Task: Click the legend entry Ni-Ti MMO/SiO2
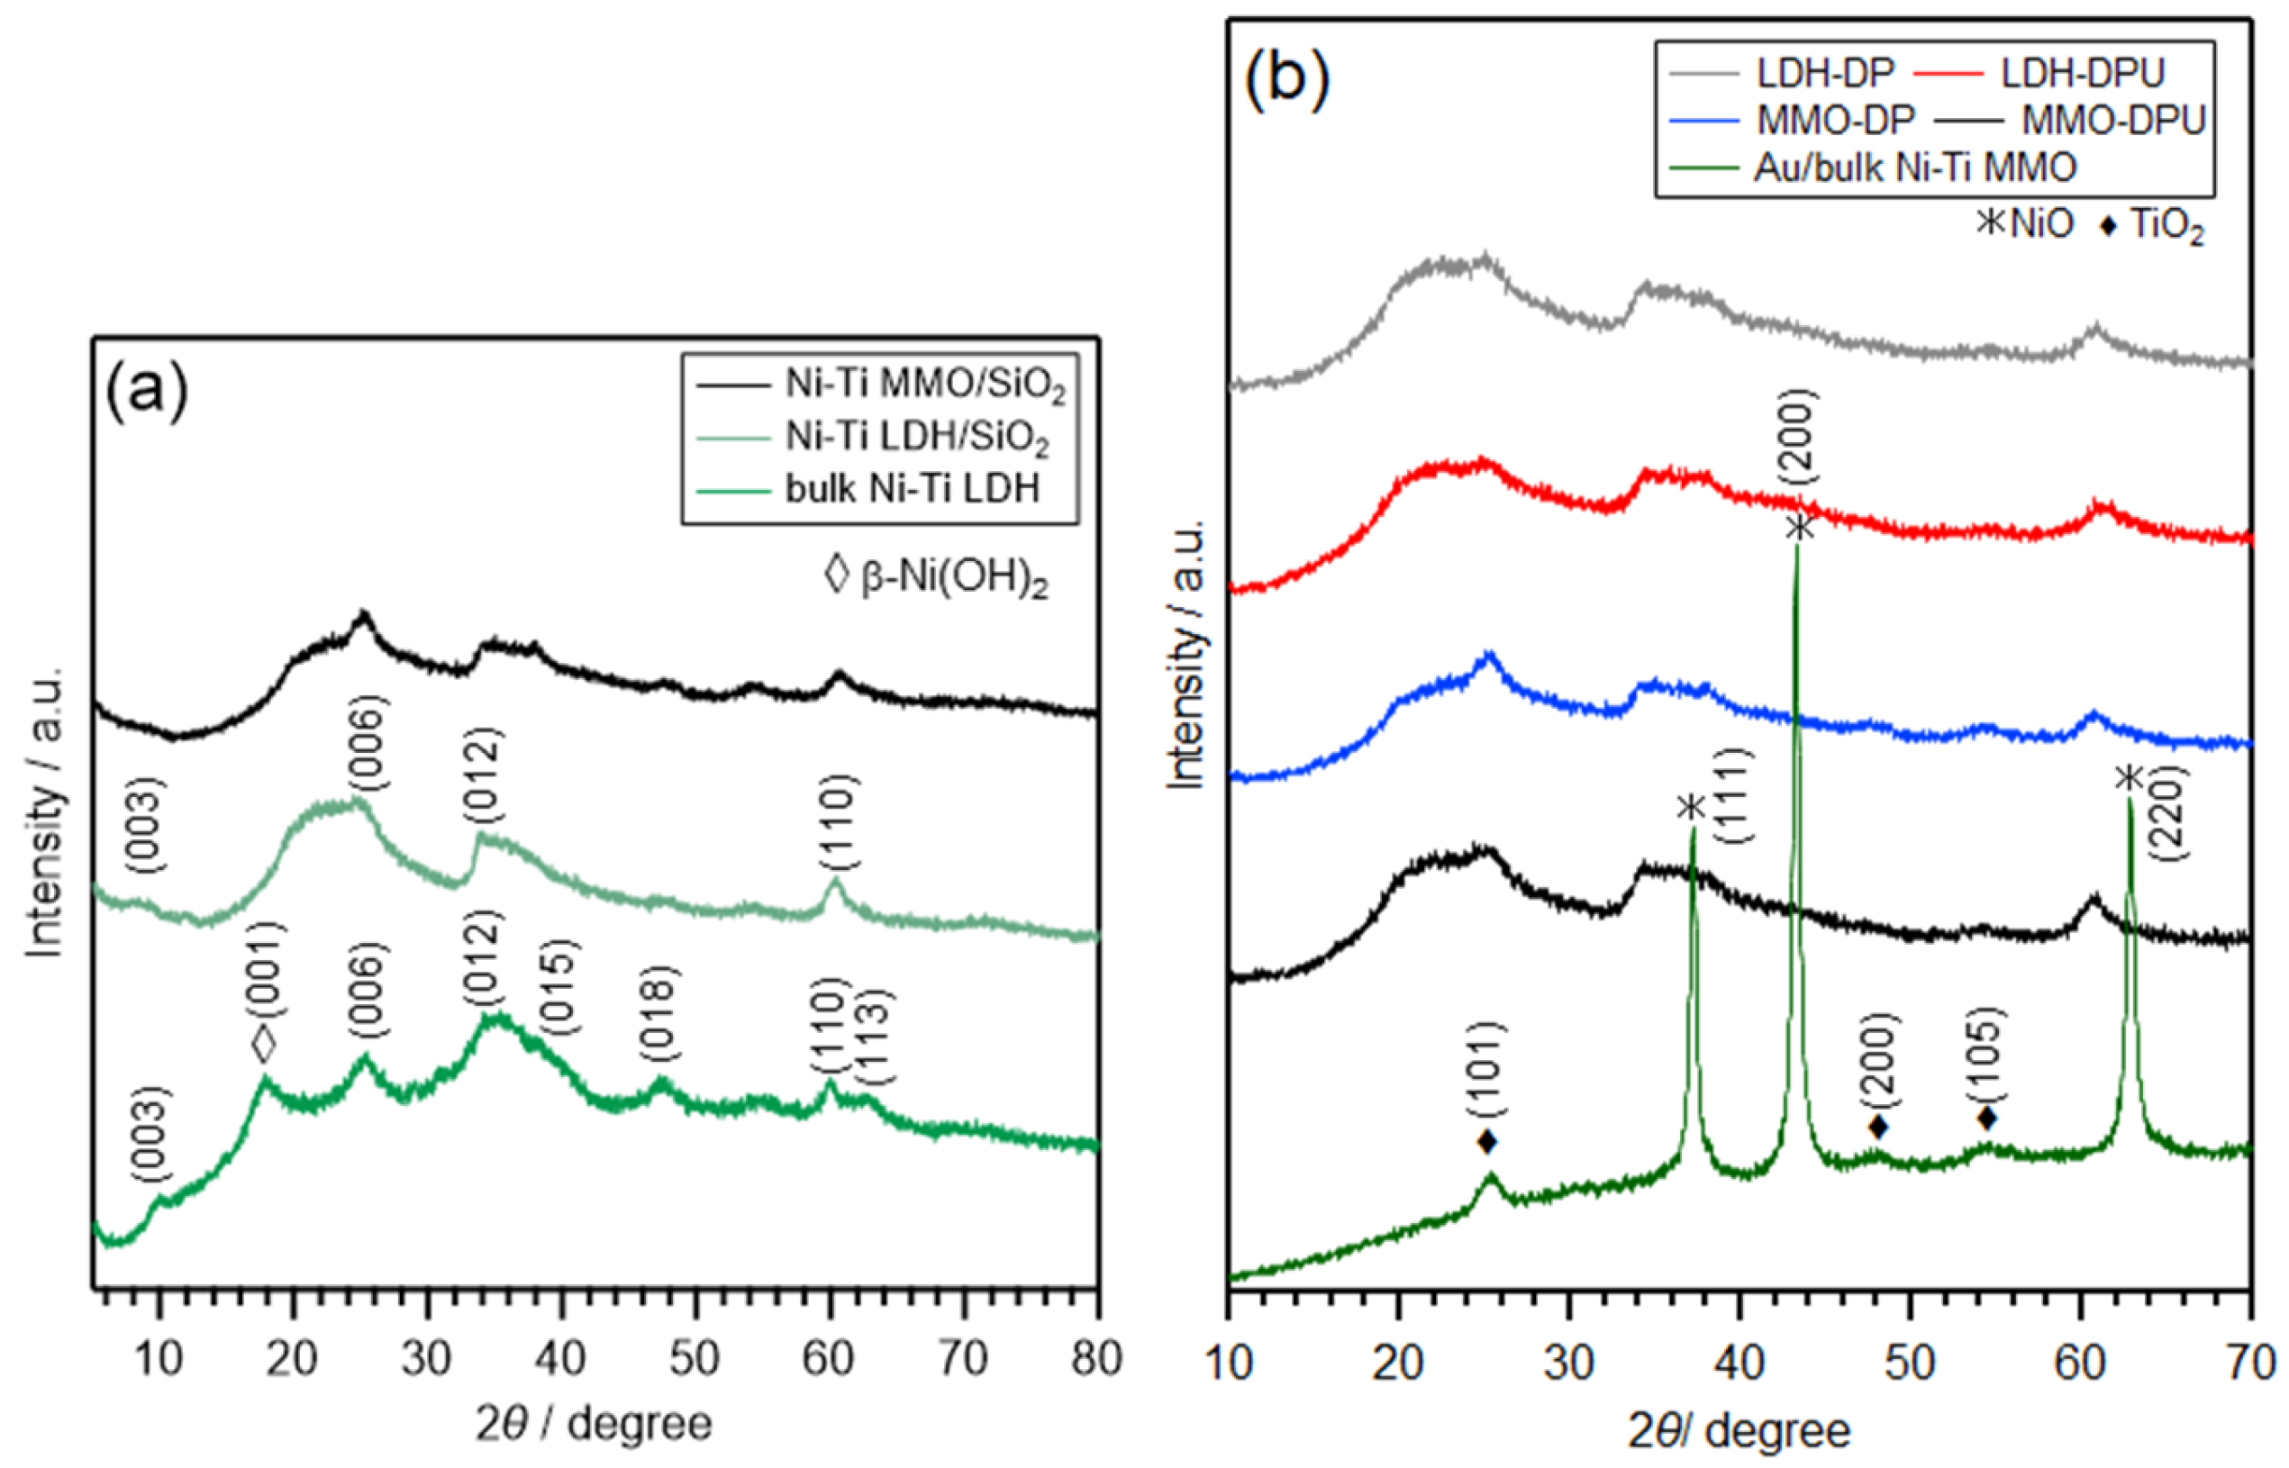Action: point(922,386)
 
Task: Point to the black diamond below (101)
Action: point(1486,1140)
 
